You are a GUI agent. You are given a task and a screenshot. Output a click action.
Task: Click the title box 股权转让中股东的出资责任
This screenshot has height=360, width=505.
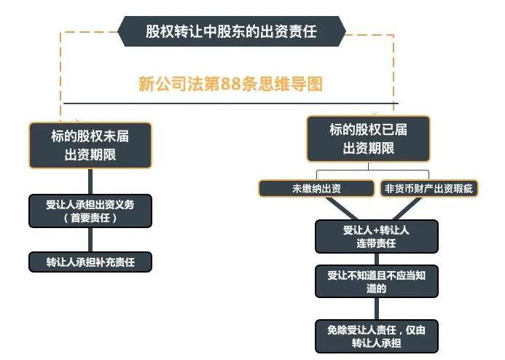pyautogui.click(x=232, y=31)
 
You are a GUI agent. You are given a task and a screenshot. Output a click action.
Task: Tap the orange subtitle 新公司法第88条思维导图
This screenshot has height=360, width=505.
pyautogui.click(x=230, y=84)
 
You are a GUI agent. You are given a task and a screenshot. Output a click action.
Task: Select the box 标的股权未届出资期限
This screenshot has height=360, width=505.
pyautogui.click(x=90, y=145)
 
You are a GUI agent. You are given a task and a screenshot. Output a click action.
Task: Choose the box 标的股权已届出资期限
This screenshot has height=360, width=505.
pyautogui.click(x=369, y=138)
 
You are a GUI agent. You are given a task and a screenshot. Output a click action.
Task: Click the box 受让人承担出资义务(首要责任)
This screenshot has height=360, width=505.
pyautogui.click(x=90, y=211)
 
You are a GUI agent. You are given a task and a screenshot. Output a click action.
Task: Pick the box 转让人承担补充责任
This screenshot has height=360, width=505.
pyautogui.click(x=90, y=262)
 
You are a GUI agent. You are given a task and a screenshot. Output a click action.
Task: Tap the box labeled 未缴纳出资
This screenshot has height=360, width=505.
pyautogui.click(x=316, y=188)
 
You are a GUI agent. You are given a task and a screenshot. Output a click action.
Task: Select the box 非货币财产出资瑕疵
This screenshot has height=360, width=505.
pyautogui.click(x=429, y=188)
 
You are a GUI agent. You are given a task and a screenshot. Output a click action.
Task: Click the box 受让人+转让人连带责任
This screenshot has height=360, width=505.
pyautogui.click(x=377, y=237)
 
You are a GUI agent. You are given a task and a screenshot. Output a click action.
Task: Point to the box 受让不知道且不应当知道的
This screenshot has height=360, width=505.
pyautogui.click(x=377, y=281)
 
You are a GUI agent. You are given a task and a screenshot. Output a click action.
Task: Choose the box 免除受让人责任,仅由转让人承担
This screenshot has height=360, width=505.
pyautogui.click(x=377, y=336)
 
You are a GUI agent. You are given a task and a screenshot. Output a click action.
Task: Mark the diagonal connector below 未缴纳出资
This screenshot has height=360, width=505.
pyautogui.click(x=341, y=208)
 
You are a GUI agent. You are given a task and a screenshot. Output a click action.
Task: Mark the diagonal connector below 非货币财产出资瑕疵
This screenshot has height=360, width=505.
pyautogui.click(x=407, y=208)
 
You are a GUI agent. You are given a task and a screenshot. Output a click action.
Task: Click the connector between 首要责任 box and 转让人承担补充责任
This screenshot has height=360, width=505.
pyautogui.click(x=90, y=240)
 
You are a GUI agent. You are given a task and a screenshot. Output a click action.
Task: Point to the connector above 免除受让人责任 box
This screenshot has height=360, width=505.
pyautogui.click(x=377, y=309)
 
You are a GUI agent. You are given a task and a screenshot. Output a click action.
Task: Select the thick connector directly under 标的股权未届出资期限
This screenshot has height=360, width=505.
pyautogui.click(x=90, y=181)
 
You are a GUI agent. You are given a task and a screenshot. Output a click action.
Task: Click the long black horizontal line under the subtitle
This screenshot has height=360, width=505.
pyautogui.click(x=231, y=103)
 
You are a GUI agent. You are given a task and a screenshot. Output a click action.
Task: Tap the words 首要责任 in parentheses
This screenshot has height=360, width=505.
pyautogui.click(x=90, y=218)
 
